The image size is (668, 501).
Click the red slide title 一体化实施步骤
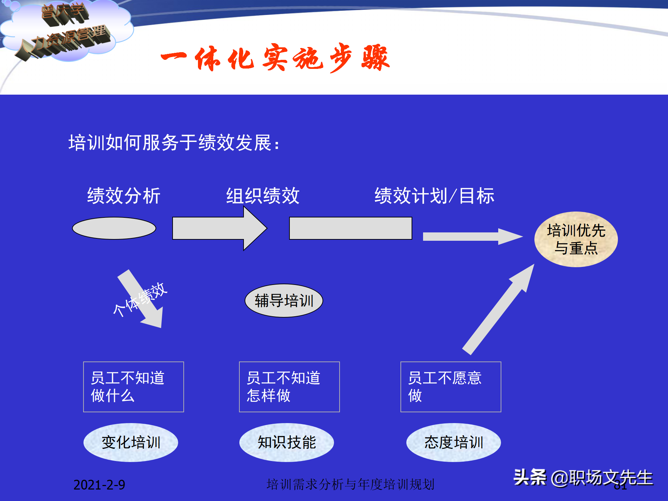[x=275, y=58]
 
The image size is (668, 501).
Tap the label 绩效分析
[x=124, y=196]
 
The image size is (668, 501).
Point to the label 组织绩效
[x=263, y=196]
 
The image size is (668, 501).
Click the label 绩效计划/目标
[x=434, y=196]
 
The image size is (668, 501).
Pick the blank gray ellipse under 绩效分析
[x=114, y=228]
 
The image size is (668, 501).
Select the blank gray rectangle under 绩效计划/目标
[x=350, y=228]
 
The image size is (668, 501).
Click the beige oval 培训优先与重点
[x=576, y=239]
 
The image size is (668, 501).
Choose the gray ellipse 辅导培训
[x=284, y=301]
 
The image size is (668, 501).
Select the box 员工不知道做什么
[x=133, y=387]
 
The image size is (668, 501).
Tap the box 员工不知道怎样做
[x=289, y=387]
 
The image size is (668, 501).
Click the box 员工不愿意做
[x=451, y=387]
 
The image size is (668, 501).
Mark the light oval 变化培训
[x=131, y=442]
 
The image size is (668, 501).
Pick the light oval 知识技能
[x=286, y=442]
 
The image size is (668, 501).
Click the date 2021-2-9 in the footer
[x=99, y=485]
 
